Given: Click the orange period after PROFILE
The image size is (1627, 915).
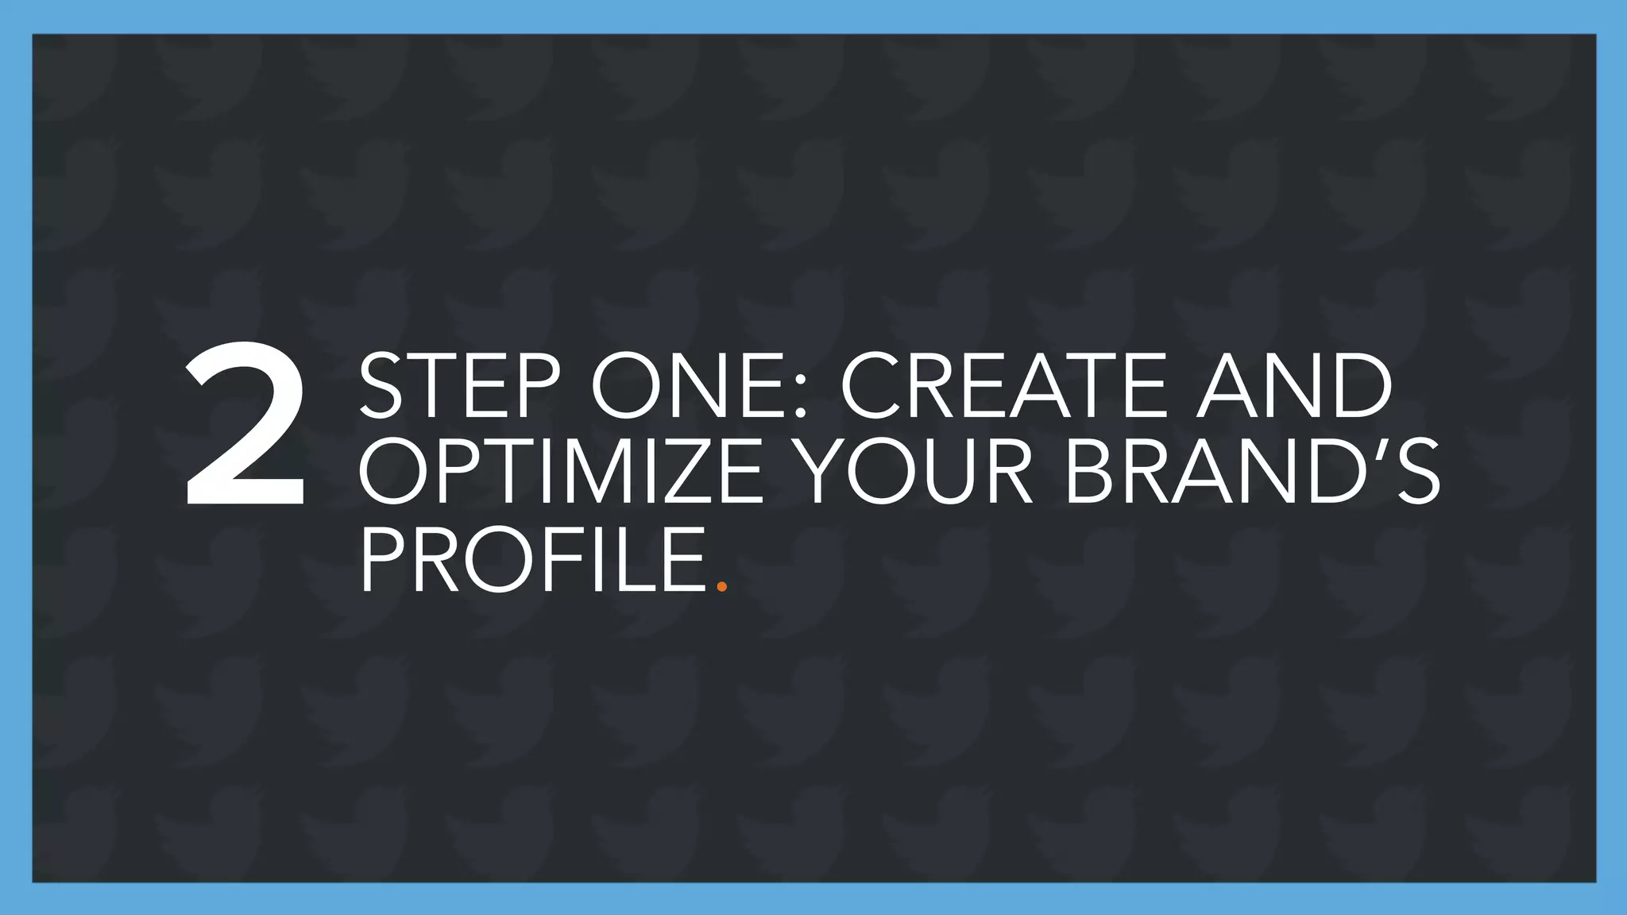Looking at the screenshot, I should tap(721, 587).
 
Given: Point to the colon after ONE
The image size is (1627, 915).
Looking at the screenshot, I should tap(799, 397).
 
